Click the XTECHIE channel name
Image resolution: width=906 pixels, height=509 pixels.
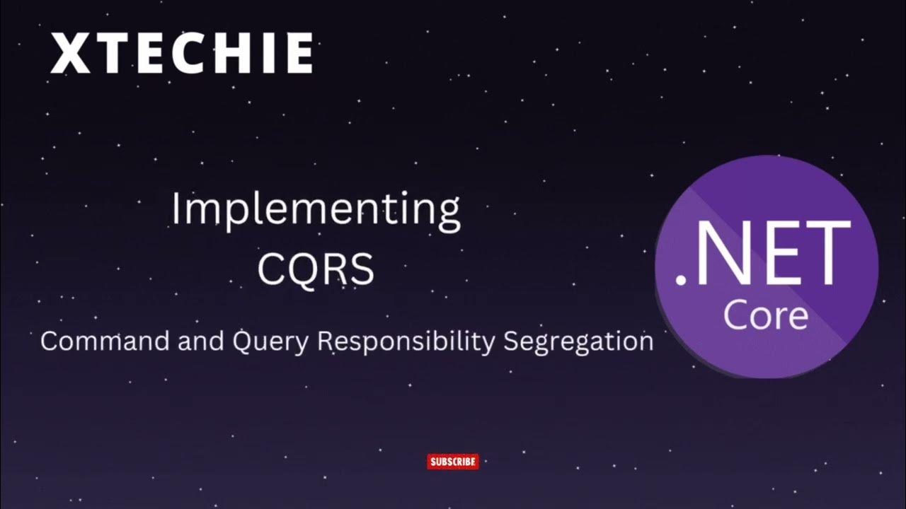pos(181,54)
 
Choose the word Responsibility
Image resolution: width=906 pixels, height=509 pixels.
pos(406,342)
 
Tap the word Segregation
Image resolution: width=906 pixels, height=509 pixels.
pos(578,342)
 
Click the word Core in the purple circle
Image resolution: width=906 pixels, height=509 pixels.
pos(766,315)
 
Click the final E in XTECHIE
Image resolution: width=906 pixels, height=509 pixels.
pos(298,54)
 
